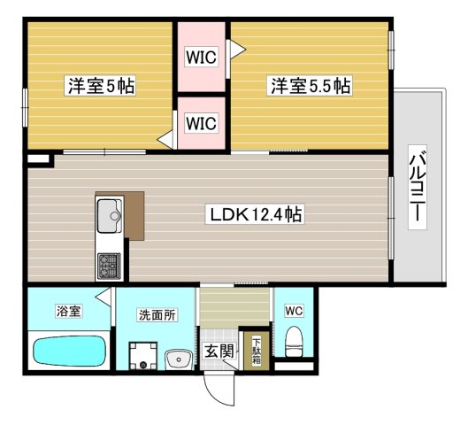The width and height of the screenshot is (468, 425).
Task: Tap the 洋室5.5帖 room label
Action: [310, 86]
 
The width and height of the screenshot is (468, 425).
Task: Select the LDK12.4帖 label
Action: [257, 214]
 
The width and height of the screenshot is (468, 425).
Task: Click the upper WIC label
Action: [200, 58]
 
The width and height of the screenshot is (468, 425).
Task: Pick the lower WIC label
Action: [200, 122]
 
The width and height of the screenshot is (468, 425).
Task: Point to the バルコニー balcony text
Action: [416, 191]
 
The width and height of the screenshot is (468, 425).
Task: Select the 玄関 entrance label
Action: [217, 352]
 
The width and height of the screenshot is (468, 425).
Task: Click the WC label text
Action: [293, 311]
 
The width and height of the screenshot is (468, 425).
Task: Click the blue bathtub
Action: [69, 352]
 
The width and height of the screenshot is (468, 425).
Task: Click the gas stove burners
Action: [109, 264]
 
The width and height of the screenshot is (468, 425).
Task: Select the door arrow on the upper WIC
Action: [236, 49]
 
